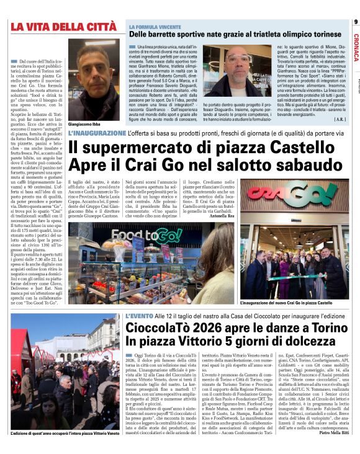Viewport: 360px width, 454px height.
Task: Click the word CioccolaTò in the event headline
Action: point(161,328)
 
